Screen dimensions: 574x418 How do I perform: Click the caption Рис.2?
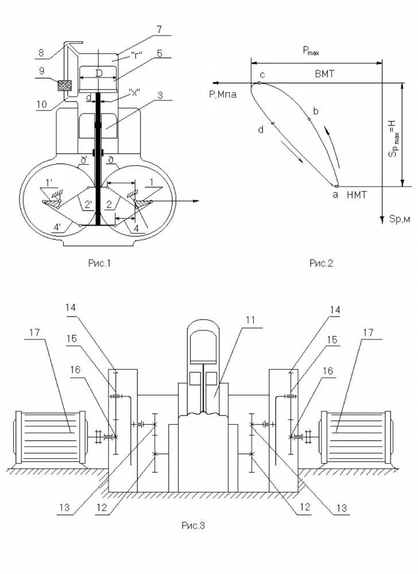pos(321,263)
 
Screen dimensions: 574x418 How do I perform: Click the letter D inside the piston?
pos(99,73)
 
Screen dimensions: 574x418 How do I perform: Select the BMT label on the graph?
pos(326,75)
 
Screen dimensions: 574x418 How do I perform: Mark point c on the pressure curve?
pos(259,83)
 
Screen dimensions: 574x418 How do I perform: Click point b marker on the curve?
pos(309,119)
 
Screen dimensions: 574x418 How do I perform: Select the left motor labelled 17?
pos(51,436)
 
